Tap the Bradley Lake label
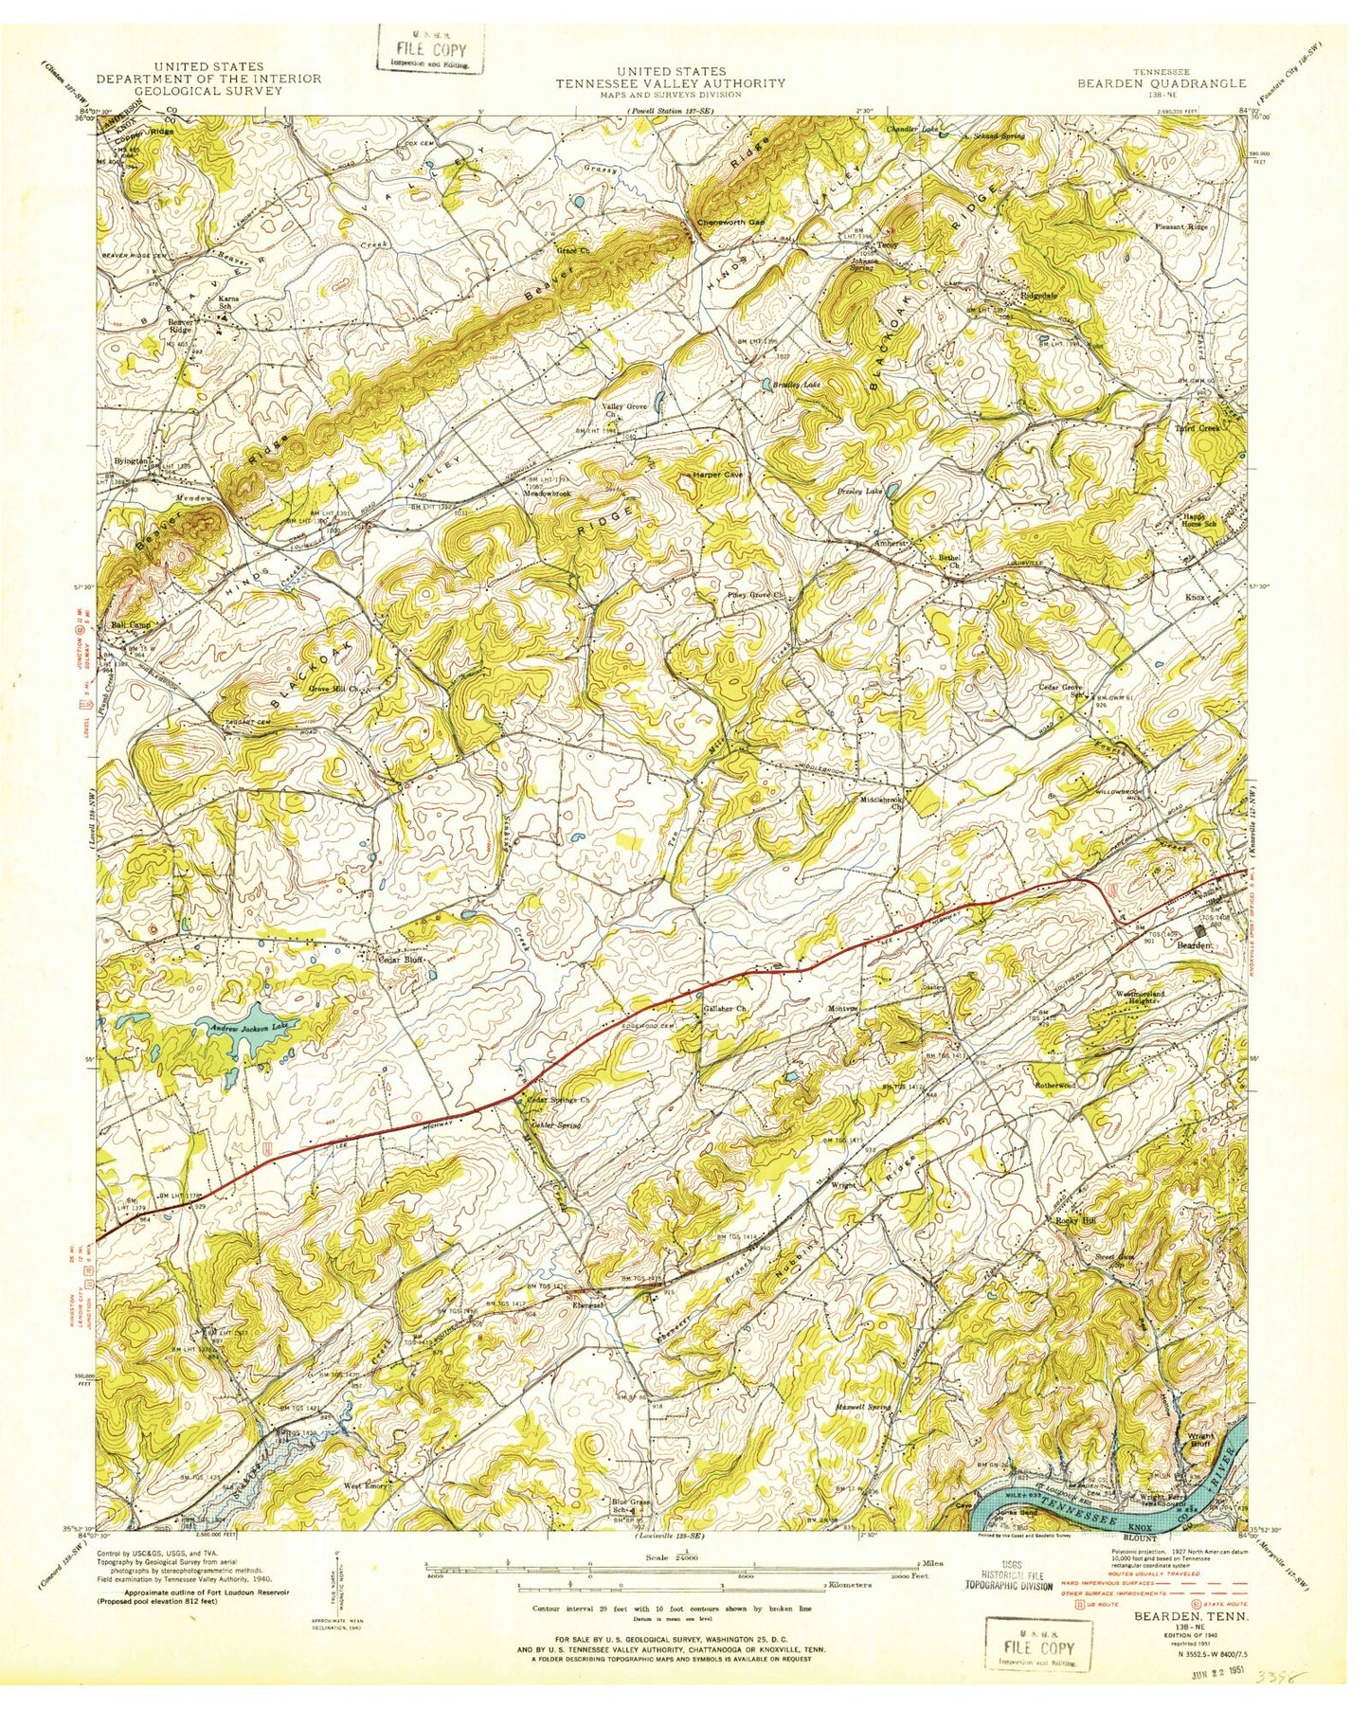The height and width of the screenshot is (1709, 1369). coord(796,387)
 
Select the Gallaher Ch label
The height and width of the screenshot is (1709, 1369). coord(725,1009)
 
